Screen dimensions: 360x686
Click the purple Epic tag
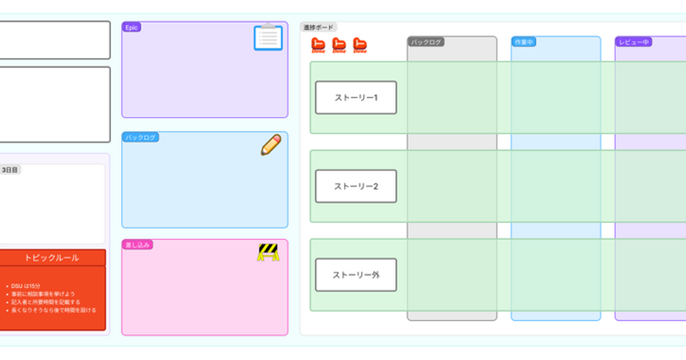click(x=131, y=27)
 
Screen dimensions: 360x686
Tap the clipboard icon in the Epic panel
click(x=268, y=38)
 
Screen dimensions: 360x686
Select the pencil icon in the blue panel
click(x=271, y=145)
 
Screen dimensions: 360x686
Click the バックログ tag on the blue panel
click(x=141, y=138)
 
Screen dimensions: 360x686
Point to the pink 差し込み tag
click(x=137, y=245)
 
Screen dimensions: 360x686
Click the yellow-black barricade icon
click(x=268, y=252)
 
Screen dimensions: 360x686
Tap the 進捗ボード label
click(x=318, y=27)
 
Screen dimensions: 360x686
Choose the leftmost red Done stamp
click(x=318, y=45)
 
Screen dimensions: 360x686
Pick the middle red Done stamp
click(x=339, y=45)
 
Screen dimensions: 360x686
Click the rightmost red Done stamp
click(x=360, y=45)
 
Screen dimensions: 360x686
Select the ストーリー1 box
click(x=356, y=98)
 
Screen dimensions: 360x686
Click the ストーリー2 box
click(x=356, y=186)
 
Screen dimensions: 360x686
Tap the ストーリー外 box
click(x=356, y=275)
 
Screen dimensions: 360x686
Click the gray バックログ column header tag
click(x=426, y=42)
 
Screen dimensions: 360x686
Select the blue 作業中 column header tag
click(x=524, y=42)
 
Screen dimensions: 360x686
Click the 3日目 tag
click(x=10, y=170)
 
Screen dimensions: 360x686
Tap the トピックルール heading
click(x=52, y=258)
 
